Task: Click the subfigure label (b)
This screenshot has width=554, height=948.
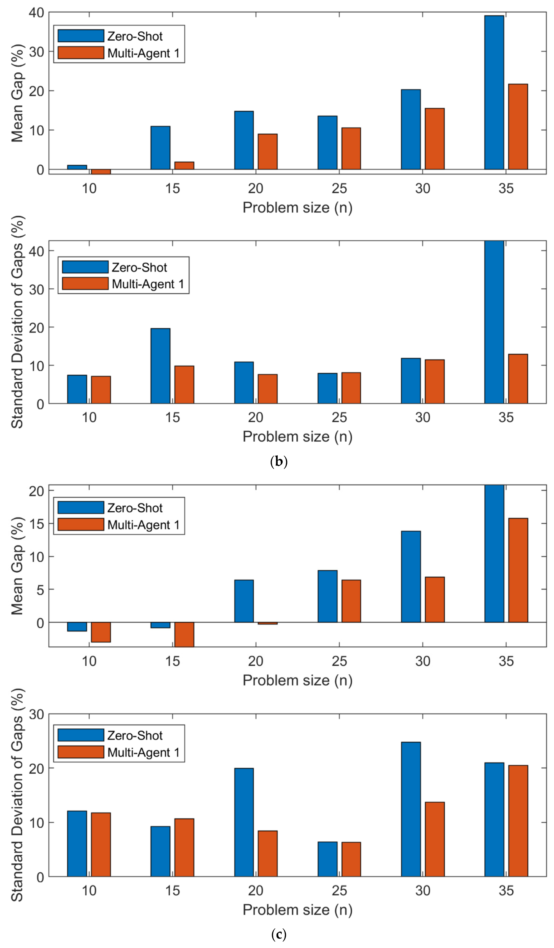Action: [x=279, y=462]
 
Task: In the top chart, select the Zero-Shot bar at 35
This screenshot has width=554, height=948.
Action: [x=494, y=92]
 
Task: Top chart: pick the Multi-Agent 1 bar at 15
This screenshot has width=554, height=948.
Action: [x=184, y=165]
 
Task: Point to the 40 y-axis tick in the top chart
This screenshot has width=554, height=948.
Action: [x=36, y=13]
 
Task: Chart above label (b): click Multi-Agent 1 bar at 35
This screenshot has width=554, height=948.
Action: [x=518, y=378]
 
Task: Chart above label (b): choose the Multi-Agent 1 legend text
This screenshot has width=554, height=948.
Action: [x=148, y=284]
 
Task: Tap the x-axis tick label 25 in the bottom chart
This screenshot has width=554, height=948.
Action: [x=339, y=891]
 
